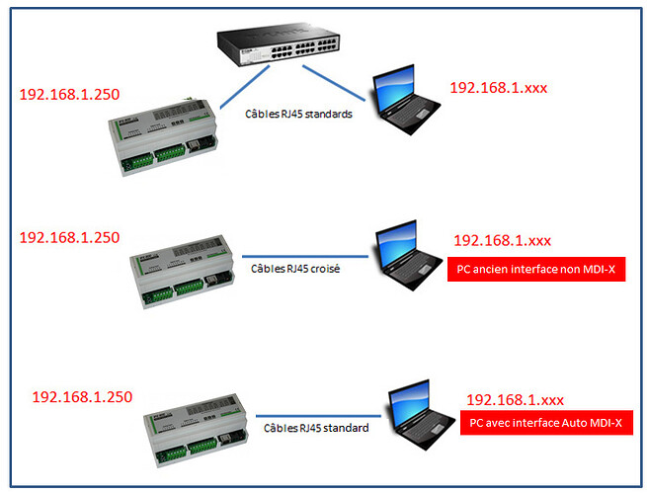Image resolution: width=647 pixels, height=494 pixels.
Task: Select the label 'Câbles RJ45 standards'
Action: tap(299, 113)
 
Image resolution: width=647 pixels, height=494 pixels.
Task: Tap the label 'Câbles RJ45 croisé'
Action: tap(294, 268)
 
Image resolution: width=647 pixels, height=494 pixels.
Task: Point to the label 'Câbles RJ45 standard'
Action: tap(316, 428)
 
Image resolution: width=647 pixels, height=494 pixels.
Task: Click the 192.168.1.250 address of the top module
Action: tap(69, 95)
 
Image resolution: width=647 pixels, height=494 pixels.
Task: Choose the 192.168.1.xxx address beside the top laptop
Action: tap(498, 88)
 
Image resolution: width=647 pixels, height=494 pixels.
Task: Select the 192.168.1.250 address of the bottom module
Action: tap(82, 396)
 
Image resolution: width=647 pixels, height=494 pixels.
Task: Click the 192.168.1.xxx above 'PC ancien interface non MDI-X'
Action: tap(502, 240)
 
